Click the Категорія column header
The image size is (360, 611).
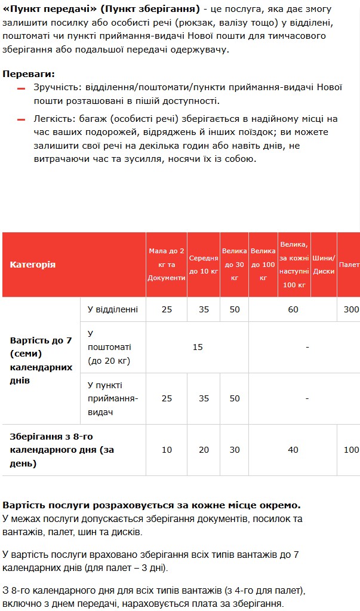pyautogui.click(x=33, y=265)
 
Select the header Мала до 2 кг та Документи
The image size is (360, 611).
pyautogui.click(x=167, y=265)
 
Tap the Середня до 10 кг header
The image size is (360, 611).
pyautogui.click(x=204, y=265)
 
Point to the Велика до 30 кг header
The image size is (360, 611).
pyautogui.click(x=234, y=265)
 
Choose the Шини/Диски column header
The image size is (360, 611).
pyautogui.click(x=324, y=265)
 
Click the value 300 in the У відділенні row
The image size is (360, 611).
pyautogui.click(x=352, y=309)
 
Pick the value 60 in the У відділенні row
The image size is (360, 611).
pyautogui.click(x=293, y=309)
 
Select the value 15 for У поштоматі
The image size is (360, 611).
pyautogui.click(x=198, y=347)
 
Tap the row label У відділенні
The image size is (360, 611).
pyautogui.click(x=113, y=309)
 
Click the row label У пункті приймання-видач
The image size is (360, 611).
pyautogui.click(x=113, y=398)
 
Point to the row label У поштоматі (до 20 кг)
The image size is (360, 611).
pyautogui.click(x=109, y=347)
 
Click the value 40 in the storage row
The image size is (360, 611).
pyautogui.click(x=293, y=450)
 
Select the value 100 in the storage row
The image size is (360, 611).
pyautogui.click(x=352, y=450)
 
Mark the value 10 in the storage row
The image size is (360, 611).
pyautogui.click(x=167, y=450)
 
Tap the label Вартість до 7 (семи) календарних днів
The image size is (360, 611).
pyautogui.click(x=41, y=360)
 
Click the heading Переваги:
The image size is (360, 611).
pyautogui.click(x=29, y=74)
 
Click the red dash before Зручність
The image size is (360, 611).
pyautogui.click(x=21, y=88)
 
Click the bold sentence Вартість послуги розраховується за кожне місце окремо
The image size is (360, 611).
pyautogui.click(x=151, y=505)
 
